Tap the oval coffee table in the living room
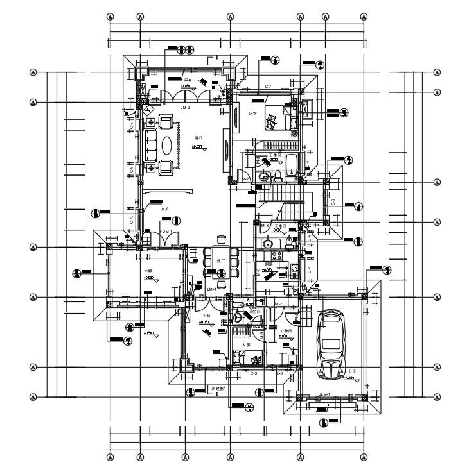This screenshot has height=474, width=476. click(x=166, y=146)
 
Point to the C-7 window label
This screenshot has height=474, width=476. click(x=268, y=87)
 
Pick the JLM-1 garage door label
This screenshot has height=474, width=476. click(x=324, y=394)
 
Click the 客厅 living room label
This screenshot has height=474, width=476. click(x=198, y=138)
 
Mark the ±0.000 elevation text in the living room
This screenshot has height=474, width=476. click(x=197, y=147)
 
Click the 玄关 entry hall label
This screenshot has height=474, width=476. click(x=164, y=209)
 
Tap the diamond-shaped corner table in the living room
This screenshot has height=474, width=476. click(x=150, y=110)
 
